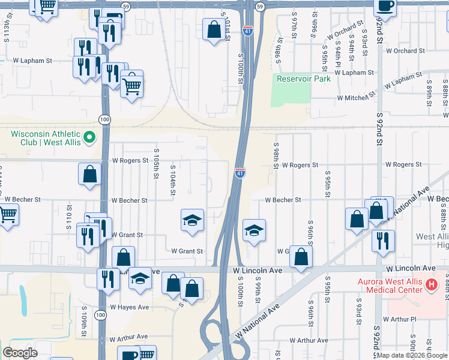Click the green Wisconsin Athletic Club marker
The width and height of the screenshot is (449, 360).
tap(89, 138)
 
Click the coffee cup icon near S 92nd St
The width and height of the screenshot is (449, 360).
tap(385, 6)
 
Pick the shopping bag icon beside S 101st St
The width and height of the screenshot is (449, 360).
tap(214, 29)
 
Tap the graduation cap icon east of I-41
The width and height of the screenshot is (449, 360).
tap(254, 231)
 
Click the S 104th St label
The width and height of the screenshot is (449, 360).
tap(172, 180)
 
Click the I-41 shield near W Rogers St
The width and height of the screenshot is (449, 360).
tap(240, 172)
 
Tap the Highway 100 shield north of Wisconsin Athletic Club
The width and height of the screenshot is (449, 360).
tap(105, 119)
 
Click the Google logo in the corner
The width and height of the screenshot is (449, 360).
tap(20, 353)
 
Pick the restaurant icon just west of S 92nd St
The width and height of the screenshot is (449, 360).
tap(382, 240)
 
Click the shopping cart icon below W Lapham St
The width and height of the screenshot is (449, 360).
tap(131, 86)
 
